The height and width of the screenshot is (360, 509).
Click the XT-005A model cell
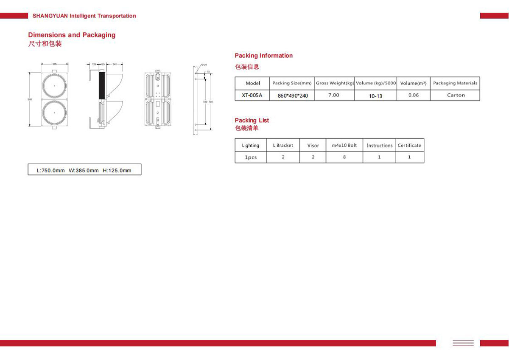click(252, 96)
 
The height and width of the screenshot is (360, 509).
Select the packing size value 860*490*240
click(293, 96)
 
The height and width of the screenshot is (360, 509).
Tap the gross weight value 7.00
click(334, 95)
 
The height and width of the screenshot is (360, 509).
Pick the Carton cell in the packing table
click(456, 95)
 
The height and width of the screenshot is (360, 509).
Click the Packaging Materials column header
click(455, 83)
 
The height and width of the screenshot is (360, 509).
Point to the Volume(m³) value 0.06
click(413, 95)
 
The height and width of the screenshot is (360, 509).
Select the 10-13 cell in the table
click(375, 96)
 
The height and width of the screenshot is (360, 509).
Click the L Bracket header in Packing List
click(283, 145)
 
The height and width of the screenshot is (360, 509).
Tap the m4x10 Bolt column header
click(344, 145)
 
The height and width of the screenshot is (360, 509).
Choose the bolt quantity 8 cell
click(344, 157)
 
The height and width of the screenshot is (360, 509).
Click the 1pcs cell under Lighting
click(250, 157)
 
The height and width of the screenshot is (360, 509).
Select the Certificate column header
click(409, 145)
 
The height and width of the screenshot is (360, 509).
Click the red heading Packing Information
click(263, 56)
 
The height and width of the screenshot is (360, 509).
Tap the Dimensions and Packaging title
click(72, 35)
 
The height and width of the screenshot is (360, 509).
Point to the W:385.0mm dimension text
click(84, 171)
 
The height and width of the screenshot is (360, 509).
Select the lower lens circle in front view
click(55, 112)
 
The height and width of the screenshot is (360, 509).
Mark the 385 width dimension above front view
click(54, 64)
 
